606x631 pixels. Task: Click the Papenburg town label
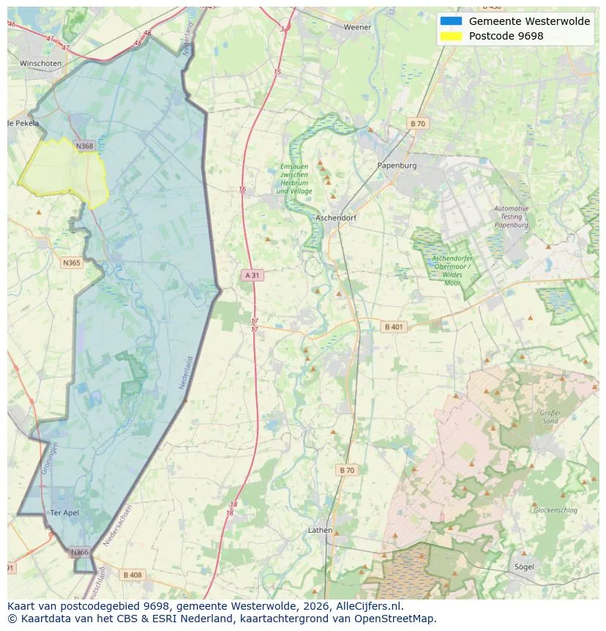pyautogui.click(x=397, y=166)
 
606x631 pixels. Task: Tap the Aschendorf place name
pyautogui.click(x=335, y=218)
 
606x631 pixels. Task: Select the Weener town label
pyautogui.click(x=358, y=27)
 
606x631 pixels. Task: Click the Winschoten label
pyautogui.click(x=40, y=64)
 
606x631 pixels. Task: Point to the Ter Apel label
pyautogui.click(x=64, y=513)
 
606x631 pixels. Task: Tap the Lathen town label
pyautogui.click(x=320, y=530)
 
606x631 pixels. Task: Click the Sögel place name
pyautogui.click(x=524, y=567)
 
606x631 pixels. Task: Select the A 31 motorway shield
pyautogui.click(x=251, y=275)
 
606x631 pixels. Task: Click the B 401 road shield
pyautogui.click(x=394, y=327)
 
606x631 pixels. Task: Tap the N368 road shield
pyautogui.click(x=85, y=146)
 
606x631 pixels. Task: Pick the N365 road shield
pyautogui.click(x=72, y=262)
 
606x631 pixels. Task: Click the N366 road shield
pyautogui.click(x=80, y=552)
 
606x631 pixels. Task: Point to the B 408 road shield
pyautogui.click(x=132, y=575)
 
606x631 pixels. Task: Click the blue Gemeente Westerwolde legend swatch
pyautogui.click(x=451, y=21)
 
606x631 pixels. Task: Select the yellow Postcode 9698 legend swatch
pyautogui.click(x=451, y=36)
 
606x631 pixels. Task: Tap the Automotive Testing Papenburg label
pyautogui.click(x=511, y=217)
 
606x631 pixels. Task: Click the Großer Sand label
pyautogui.click(x=550, y=417)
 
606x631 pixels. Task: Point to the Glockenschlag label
pyautogui.click(x=555, y=510)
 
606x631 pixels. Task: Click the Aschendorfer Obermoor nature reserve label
pyautogui.click(x=452, y=270)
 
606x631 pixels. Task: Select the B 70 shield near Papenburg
pyautogui.click(x=417, y=124)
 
